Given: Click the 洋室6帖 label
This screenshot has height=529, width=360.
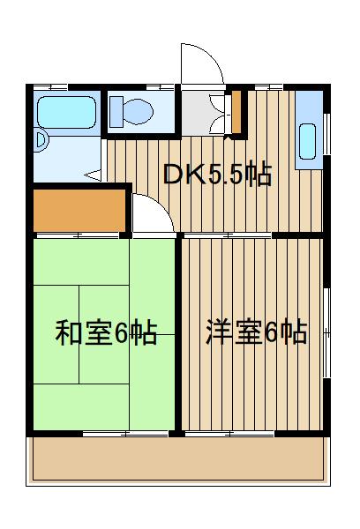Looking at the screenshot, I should tap(256, 333).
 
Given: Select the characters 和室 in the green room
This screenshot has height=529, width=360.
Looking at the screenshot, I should tap(84, 333).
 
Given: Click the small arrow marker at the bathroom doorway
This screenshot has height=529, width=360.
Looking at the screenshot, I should tap(101, 173).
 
